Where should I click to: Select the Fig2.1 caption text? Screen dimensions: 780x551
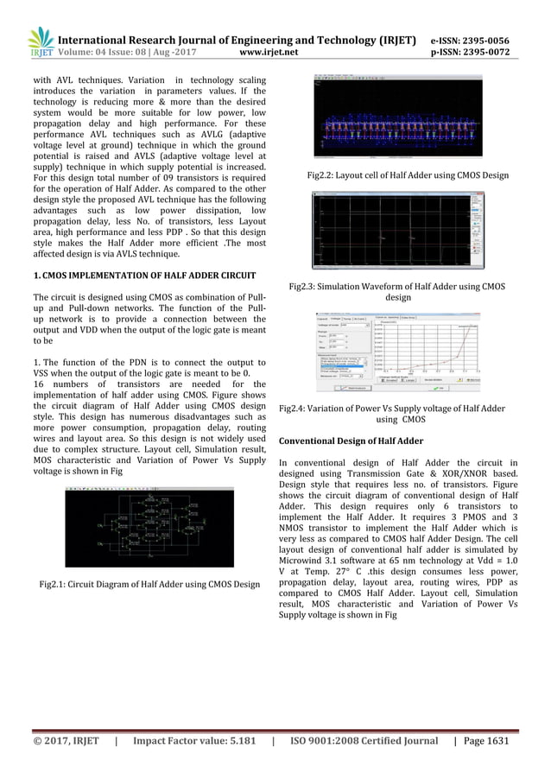coord(149,585)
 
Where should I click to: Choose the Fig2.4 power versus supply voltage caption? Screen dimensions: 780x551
coord(394,412)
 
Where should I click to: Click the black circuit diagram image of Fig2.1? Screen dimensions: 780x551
coord(149,527)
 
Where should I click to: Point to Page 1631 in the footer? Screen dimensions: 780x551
coord(482,740)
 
